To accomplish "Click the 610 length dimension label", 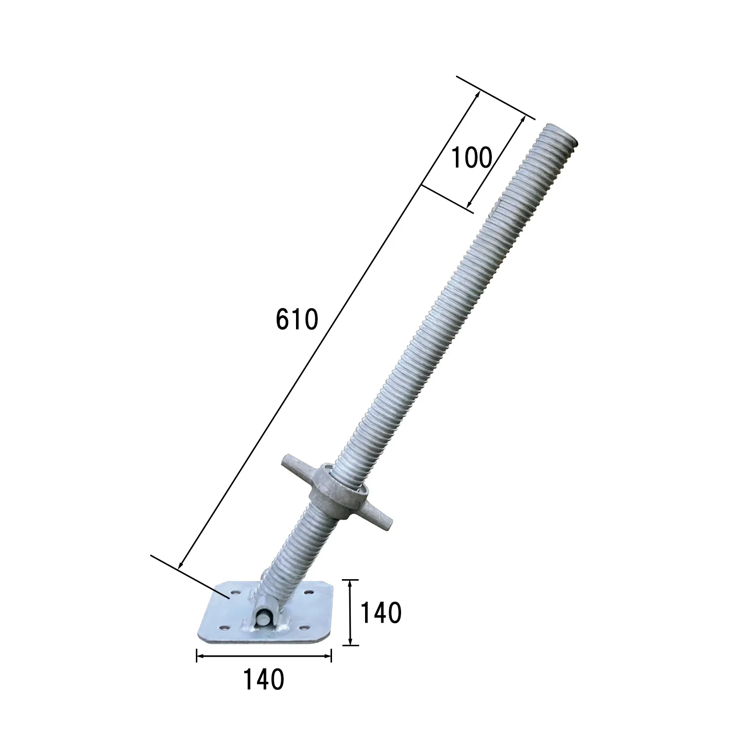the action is click(x=297, y=319).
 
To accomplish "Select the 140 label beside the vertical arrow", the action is click(x=381, y=613).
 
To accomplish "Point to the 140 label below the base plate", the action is click(x=263, y=679).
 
